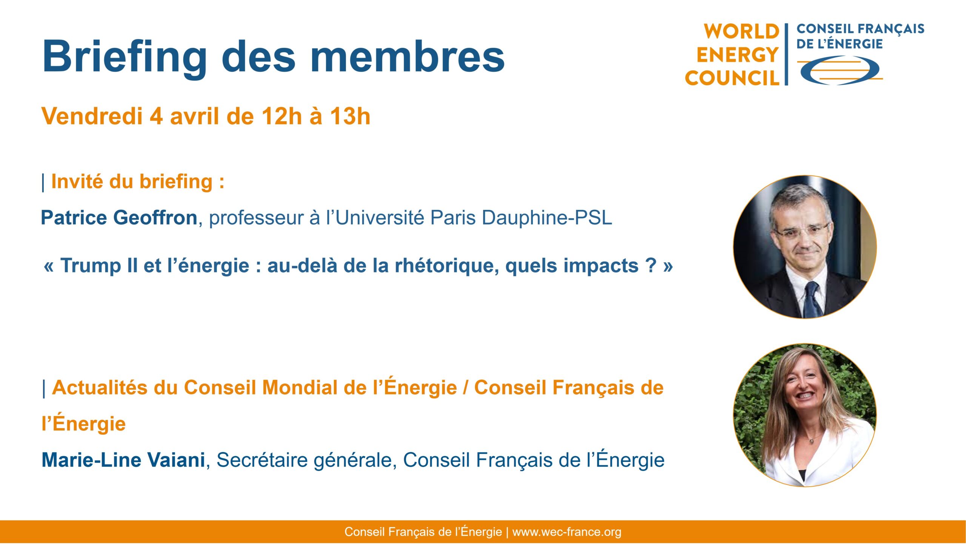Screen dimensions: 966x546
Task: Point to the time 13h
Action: click(350, 116)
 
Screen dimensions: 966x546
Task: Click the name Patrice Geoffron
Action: click(119, 218)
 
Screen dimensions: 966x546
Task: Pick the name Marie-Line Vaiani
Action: click(123, 460)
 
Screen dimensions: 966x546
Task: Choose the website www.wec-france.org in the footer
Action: click(567, 532)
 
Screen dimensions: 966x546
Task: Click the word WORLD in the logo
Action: click(741, 31)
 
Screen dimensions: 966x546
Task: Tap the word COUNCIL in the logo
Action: click(732, 78)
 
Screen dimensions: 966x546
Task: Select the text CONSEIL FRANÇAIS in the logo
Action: click(860, 29)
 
